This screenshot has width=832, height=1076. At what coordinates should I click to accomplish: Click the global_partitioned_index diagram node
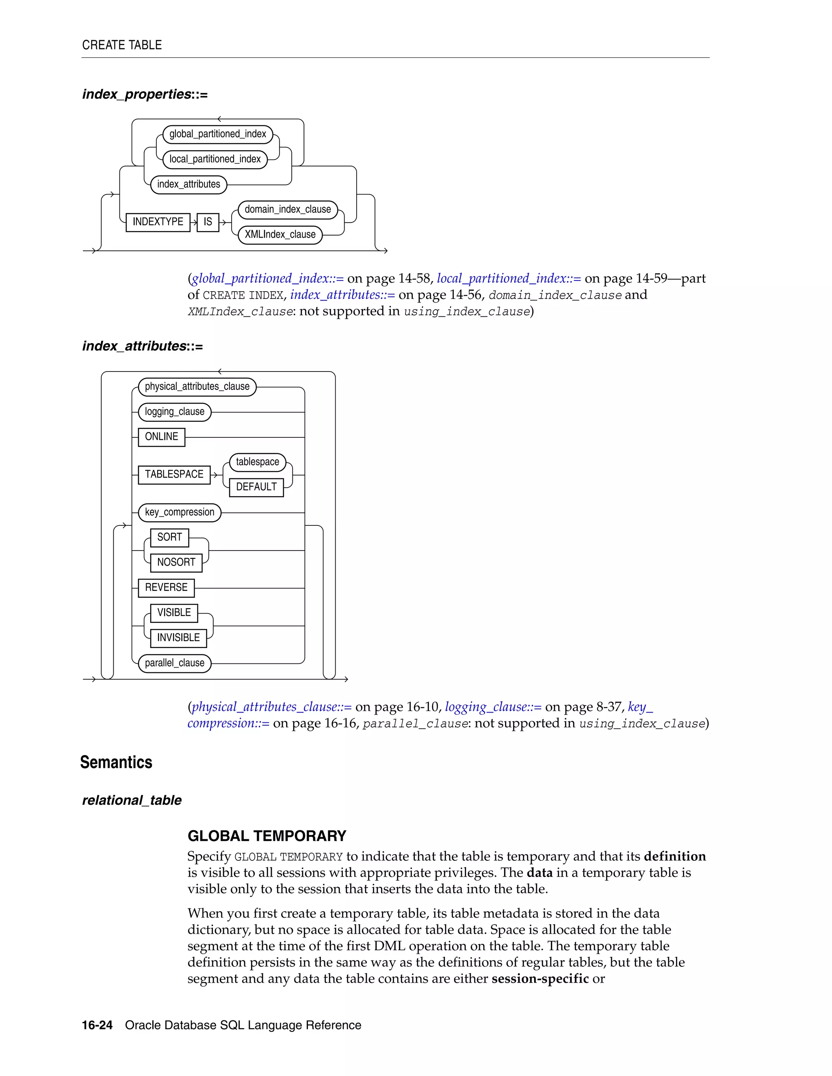(x=217, y=134)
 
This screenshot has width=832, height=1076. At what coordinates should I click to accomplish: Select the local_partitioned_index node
(x=215, y=159)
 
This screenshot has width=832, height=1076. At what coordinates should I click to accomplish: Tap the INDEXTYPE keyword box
(x=158, y=222)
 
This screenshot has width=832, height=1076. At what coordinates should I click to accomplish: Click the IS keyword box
(x=208, y=222)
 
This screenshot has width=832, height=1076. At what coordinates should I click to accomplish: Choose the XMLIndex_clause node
(x=280, y=235)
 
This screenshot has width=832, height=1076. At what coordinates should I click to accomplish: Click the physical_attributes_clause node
(x=197, y=387)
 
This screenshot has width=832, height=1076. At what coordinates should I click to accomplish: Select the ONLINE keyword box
(x=161, y=437)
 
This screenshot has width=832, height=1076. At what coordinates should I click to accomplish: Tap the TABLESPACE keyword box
(x=174, y=474)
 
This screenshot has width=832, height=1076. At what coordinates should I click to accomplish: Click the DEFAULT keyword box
(x=256, y=487)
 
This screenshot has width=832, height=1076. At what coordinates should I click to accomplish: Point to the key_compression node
(x=180, y=512)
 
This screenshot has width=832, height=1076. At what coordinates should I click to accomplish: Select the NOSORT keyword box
(x=176, y=563)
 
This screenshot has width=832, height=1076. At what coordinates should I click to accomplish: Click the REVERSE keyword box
(x=166, y=588)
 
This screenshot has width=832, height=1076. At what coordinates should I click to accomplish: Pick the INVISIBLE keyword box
(x=178, y=638)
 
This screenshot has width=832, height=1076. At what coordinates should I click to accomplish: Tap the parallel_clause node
(x=174, y=663)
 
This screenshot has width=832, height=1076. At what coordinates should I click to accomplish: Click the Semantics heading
(x=116, y=762)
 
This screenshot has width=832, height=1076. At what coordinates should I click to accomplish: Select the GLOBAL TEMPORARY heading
(x=266, y=836)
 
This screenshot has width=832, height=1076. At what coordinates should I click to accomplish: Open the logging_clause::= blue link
(x=493, y=707)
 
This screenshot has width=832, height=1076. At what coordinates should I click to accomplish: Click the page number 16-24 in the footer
(x=97, y=1025)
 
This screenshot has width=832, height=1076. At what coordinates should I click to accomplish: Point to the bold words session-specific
(x=540, y=979)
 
